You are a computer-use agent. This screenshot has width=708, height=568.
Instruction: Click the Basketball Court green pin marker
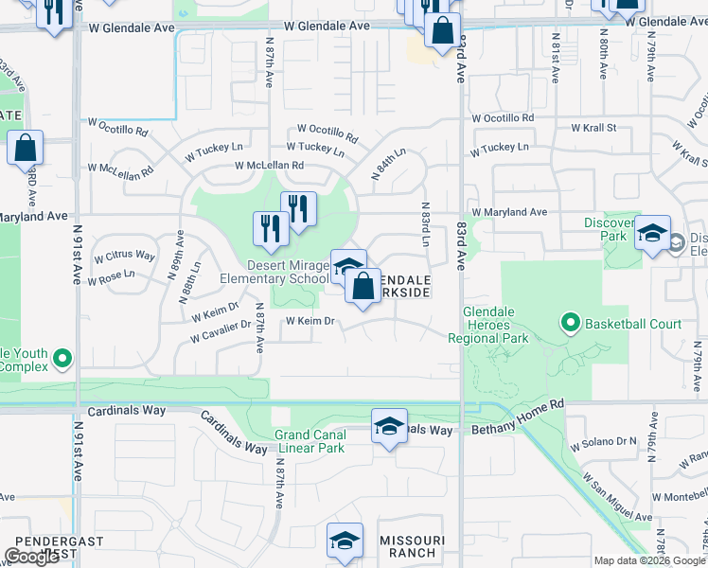pos(570,324)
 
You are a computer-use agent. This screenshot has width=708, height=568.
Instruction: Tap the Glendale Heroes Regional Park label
pos(501,325)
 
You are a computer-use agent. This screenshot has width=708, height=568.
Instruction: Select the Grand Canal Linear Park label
pos(310,441)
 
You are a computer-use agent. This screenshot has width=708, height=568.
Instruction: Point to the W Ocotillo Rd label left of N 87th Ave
pos(118,126)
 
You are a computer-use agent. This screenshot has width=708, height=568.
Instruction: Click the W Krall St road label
pos(593,127)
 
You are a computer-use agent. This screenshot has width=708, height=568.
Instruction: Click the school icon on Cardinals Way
pos(389,426)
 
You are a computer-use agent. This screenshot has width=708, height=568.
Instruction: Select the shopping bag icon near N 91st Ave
pos(25,148)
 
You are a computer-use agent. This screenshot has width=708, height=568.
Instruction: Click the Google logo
pos(31,557)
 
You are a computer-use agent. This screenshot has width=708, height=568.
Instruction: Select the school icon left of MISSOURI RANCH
pos(345,541)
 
